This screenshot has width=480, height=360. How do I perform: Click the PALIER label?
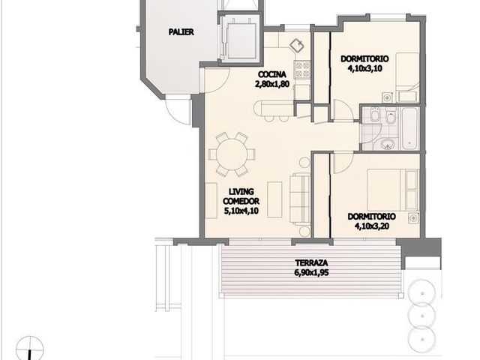(181, 31)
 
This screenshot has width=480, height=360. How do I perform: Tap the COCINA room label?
(272, 74)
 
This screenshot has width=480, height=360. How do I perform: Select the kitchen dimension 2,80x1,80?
(272, 84)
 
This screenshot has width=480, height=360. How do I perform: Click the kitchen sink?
(297, 46)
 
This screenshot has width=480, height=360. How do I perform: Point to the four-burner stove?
(302, 69)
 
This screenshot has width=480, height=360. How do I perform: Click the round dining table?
(232, 154)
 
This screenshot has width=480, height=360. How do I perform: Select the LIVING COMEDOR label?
(241, 196)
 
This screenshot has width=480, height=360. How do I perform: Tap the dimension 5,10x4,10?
(241, 211)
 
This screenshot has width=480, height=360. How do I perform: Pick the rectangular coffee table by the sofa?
(274, 199)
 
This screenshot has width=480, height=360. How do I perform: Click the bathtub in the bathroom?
(409, 128)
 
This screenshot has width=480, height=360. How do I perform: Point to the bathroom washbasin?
(388, 143)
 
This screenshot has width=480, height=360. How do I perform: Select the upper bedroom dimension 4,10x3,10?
(365, 68)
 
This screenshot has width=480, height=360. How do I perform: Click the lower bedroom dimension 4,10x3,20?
(372, 226)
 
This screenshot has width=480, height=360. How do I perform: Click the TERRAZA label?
(311, 262)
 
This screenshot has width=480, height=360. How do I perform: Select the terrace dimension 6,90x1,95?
(311, 272)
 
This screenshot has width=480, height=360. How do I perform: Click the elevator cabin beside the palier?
(241, 40)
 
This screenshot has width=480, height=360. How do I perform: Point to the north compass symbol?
(30, 348)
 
